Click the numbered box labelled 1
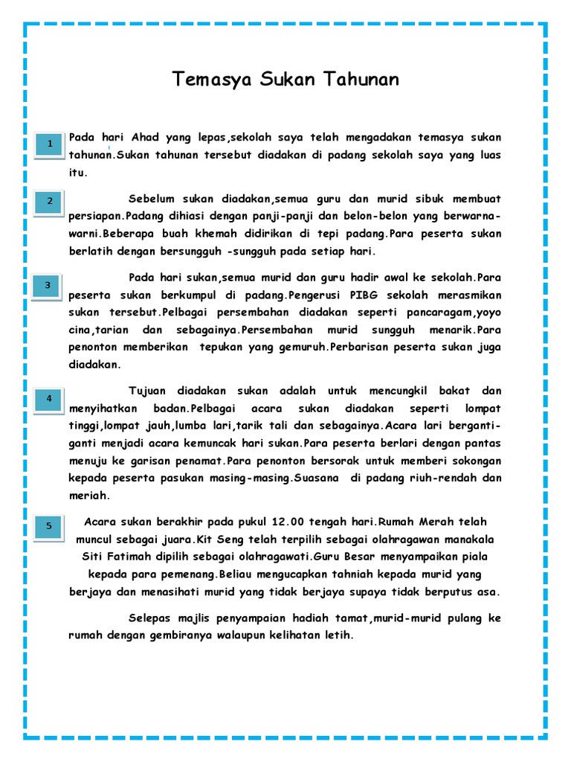point(50,144)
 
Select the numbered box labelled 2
point(50,202)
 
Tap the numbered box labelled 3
point(50,286)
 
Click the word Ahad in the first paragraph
point(145,138)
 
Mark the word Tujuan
point(149,391)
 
